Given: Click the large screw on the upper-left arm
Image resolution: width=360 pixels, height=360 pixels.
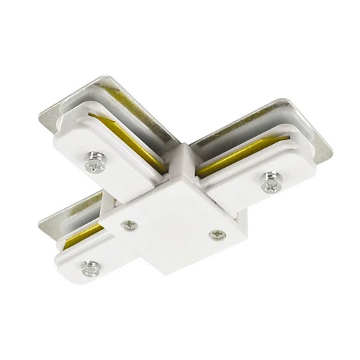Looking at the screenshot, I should (x=95, y=165).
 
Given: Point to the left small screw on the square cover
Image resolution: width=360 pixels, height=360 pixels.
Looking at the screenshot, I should (x=130, y=225).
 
